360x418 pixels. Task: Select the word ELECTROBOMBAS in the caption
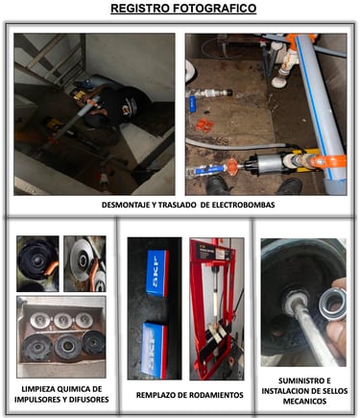[243, 205]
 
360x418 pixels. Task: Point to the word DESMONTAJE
[123, 205]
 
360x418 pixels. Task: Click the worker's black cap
[130, 103]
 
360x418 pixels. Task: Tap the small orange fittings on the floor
[204, 125]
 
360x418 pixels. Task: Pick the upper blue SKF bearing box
[157, 273]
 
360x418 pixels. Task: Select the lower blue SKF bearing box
[155, 351]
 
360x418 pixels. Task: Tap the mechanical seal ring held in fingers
[332, 303]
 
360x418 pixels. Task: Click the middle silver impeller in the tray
[62, 321]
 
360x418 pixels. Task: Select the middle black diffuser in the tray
[67, 347]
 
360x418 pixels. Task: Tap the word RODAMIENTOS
[217, 395]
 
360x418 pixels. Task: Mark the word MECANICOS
[304, 401]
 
